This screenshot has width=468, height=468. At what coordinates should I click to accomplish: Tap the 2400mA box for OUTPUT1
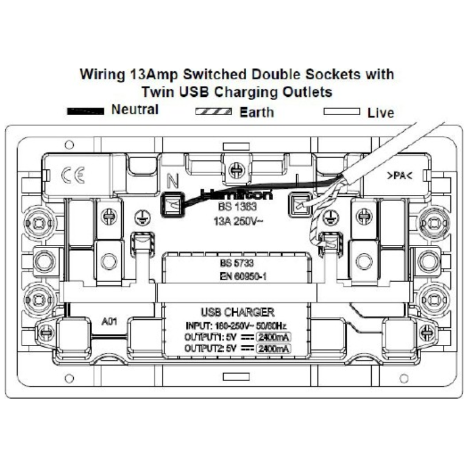[274, 336]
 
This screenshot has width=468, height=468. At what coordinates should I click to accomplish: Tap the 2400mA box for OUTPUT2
[274, 348]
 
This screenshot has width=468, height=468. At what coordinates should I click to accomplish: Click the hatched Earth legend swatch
[213, 112]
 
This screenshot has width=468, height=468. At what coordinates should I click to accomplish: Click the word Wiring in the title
[103, 75]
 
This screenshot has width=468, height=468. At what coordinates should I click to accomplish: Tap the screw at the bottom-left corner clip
[46, 332]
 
